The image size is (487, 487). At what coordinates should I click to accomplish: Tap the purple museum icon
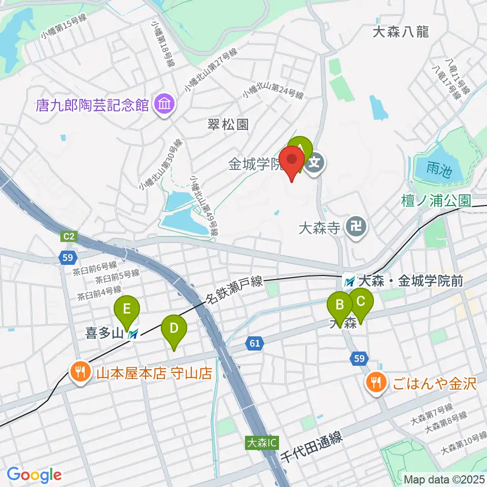tap(165, 105)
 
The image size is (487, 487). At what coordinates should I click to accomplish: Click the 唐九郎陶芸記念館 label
tap(92, 105)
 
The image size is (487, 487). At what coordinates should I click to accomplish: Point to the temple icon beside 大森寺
tap(354, 226)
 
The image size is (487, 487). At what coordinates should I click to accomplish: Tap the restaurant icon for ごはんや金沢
tap(375, 382)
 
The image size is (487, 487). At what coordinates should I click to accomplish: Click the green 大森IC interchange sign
tap(262, 442)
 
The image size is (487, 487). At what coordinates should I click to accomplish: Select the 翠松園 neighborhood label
tap(228, 124)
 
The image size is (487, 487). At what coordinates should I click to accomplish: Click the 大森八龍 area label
tap(401, 32)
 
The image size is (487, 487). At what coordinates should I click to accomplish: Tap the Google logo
tap(34, 475)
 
